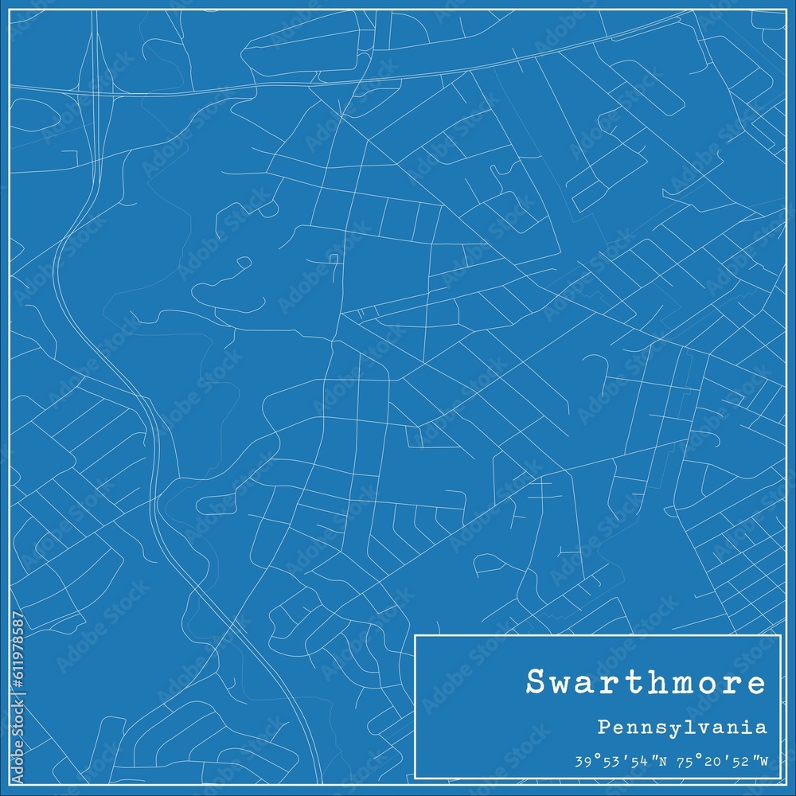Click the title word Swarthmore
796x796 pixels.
[646, 683]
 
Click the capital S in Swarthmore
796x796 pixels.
[536, 683]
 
